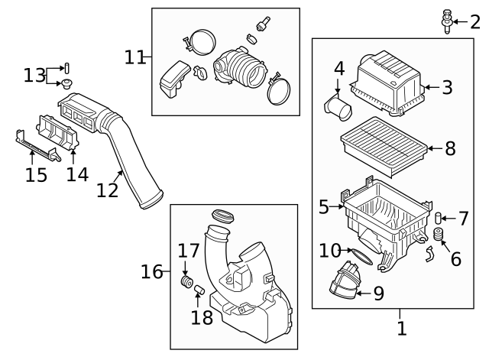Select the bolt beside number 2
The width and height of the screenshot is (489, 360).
coord(446,21)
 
